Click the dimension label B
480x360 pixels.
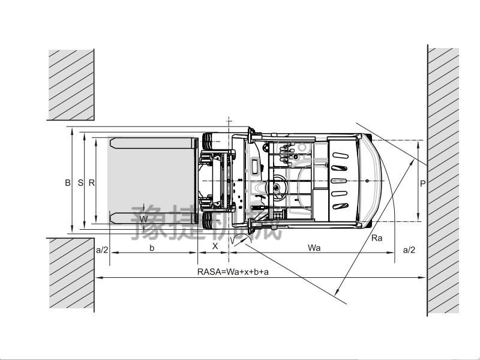68,183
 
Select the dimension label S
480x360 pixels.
80,183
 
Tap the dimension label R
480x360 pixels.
92,183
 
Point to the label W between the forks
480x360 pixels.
143,219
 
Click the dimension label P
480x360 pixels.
423,184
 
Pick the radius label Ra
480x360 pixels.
377,238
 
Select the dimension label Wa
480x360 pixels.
314,248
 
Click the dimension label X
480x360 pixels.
215,246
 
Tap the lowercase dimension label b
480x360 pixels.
152,248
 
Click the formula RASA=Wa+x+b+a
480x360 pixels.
233,272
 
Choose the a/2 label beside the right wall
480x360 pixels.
409,250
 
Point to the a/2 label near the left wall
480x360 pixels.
102,250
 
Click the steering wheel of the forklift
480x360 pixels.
277,187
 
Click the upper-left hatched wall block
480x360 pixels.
71,85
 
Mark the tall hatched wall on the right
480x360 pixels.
443,181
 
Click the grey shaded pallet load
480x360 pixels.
152,181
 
